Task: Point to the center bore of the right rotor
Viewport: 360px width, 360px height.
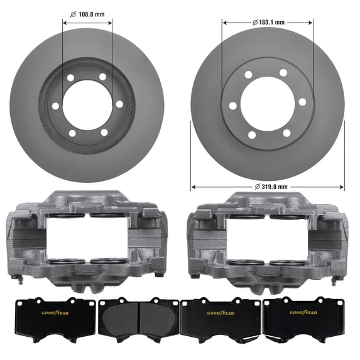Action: tap(268, 102)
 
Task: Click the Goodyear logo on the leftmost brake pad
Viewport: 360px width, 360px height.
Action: tap(55, 313)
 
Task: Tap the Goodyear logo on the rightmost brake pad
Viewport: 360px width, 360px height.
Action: tap(303, 312)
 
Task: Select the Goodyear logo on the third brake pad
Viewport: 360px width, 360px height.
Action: tap(221, 313)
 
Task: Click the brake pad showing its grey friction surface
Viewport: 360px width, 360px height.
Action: tap(139, 320)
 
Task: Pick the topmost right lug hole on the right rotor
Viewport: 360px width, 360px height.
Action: tap(283, 73)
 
